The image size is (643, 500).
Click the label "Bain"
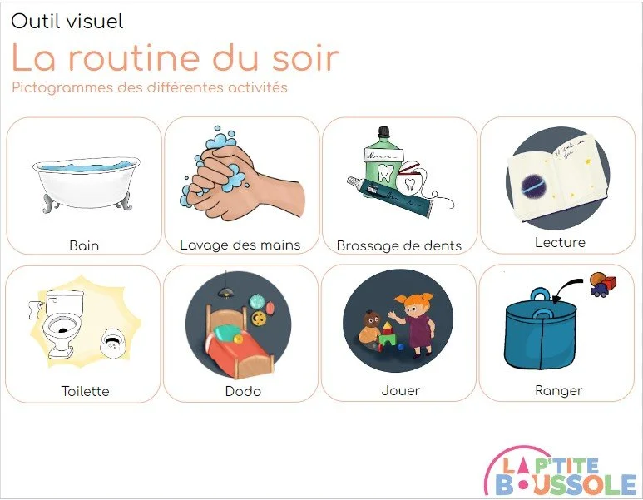84,245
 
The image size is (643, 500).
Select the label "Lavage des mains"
240,245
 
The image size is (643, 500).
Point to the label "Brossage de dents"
399,245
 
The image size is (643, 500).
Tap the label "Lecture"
560,243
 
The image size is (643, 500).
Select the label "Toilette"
85,391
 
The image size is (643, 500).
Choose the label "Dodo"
243,391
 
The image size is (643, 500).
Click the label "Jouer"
400,390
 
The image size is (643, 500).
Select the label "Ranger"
558,390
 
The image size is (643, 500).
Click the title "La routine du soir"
176,58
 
